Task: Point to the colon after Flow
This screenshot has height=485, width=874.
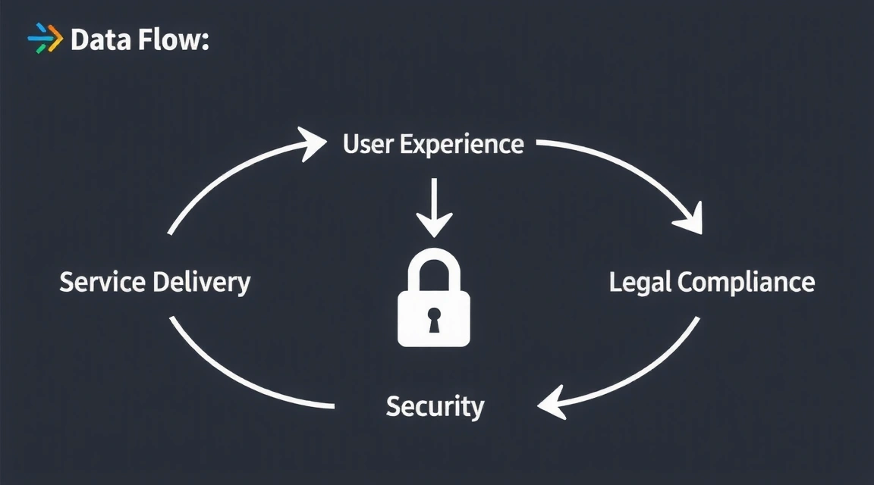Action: coord(204,42)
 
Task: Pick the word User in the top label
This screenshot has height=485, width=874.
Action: coord(367,143)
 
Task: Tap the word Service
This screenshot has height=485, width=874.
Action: coord(102,282)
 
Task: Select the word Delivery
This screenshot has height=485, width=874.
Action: coord(201,283)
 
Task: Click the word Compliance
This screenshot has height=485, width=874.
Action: coord(747,283)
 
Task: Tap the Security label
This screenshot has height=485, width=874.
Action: coord(435,407)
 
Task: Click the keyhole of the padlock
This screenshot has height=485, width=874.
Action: coord(434,318)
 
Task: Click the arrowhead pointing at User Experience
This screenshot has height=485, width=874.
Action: coord(313,142)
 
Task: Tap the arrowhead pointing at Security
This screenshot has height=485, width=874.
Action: coord(552,402)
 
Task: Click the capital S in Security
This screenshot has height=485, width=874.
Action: coord(394,407)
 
